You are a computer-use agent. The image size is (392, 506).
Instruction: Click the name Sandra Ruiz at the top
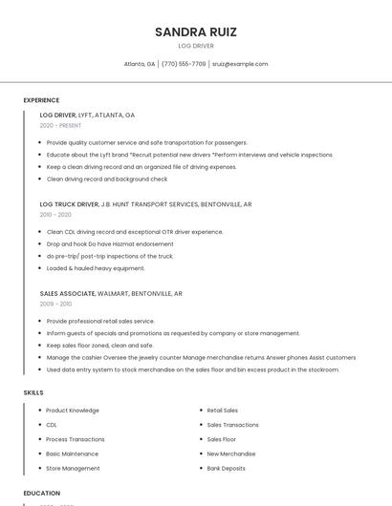(196, 32)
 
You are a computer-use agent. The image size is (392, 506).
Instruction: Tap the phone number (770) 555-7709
(184, 64)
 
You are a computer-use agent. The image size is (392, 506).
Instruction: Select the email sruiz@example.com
(240, 64)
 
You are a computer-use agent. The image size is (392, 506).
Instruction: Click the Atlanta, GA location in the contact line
(140, 64)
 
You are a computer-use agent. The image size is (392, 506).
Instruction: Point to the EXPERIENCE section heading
(41, 100)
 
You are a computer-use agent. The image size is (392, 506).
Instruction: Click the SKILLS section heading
(33, 392)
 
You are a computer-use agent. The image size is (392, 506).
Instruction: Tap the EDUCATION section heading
(42, 493)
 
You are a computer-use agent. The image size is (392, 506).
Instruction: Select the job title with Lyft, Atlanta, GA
(87, 115)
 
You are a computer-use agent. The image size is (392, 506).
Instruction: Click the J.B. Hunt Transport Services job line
(145, 204)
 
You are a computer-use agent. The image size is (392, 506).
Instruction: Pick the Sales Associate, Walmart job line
(111, 294)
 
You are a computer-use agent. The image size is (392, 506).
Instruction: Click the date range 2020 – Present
(60, 125)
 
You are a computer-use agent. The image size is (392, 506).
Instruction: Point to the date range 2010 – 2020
(55, 215)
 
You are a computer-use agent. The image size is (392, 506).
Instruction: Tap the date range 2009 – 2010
(55, 304)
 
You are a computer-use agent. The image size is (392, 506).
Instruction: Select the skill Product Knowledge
(72, 410)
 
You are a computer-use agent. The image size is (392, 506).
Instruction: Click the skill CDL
(52, 425)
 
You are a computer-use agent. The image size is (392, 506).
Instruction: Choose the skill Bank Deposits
(226, 469)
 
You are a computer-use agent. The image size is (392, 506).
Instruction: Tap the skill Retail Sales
(223, 410)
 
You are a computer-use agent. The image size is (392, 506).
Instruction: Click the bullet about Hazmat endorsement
(97, 243)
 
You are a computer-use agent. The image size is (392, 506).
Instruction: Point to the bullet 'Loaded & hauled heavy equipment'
(96, 268)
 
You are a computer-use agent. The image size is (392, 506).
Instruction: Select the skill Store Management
(73, 469)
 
